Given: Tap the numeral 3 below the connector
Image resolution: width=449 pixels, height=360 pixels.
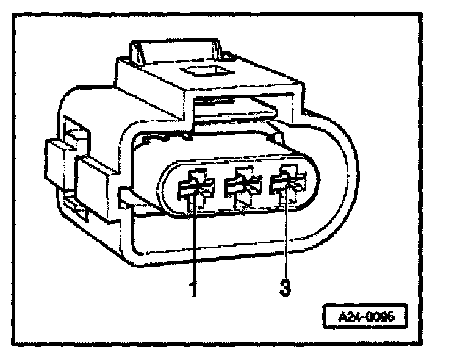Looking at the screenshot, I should [284, 287].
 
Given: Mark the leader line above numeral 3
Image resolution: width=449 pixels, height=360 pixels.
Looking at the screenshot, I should [285, 238].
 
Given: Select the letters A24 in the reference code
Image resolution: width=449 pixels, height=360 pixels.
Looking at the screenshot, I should [347, 317].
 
